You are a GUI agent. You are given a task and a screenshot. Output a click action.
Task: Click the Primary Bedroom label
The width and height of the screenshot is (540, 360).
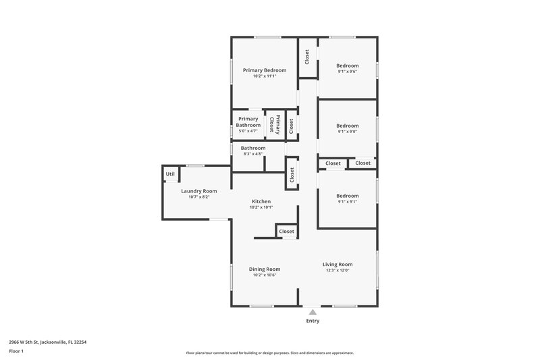point(265,70)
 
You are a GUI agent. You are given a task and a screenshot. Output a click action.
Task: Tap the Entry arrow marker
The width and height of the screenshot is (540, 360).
point(312,311)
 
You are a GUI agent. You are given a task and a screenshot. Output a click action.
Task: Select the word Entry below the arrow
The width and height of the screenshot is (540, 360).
point(312,321)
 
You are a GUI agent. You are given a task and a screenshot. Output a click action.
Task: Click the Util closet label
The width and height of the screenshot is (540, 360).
point(169,174)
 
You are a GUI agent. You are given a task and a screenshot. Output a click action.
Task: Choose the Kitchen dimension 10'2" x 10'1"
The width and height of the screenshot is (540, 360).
point(261,207)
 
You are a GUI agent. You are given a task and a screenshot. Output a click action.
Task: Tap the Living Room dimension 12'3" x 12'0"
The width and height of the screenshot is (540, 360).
point(337,270)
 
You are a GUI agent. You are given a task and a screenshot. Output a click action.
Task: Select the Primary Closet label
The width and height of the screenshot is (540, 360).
point(274,124)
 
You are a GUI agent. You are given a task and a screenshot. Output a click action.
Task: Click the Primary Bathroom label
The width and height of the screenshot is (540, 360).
point(248,122)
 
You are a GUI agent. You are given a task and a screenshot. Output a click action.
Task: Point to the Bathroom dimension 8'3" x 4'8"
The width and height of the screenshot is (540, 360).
point(253,154)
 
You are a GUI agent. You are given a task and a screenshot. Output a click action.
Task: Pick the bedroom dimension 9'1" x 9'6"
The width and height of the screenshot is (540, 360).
point(348,72)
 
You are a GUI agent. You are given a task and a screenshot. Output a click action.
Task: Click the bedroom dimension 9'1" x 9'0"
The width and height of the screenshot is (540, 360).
point(348,132)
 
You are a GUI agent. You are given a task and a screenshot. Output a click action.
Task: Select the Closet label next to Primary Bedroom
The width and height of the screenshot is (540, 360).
point(307,57)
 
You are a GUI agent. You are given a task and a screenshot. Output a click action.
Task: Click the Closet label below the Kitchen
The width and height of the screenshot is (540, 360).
point(287,232)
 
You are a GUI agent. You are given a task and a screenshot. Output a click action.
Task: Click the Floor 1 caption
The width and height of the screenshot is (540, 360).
point(17,351)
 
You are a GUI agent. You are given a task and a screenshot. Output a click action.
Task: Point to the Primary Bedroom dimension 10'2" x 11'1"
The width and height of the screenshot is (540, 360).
point(265,76)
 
